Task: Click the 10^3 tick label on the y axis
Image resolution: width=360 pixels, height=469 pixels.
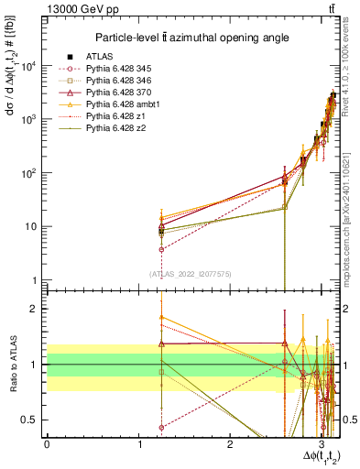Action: (x=28, y=119)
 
